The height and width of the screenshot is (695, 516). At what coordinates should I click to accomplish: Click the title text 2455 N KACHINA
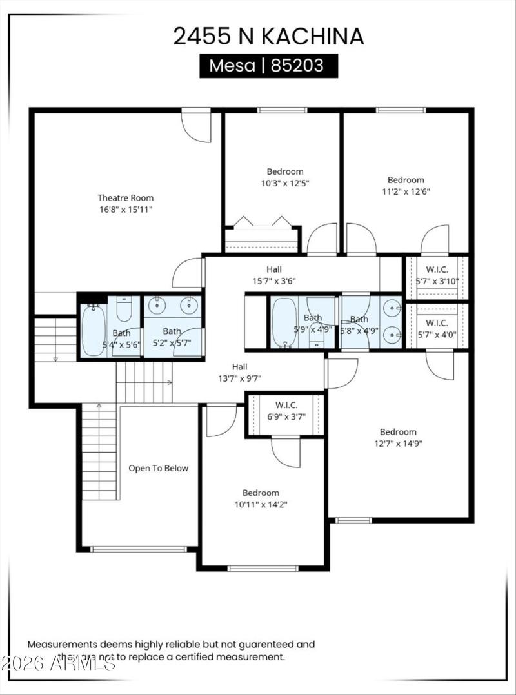tap(268, 36)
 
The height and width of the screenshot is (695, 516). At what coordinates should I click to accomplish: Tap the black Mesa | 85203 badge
tap(268, 66)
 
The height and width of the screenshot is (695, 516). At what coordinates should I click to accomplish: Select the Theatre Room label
tap(126, 198)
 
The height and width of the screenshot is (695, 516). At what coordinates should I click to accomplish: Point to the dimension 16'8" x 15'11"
tap(126, 210)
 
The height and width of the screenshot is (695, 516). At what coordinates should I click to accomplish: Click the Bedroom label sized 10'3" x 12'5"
tap(285, 171)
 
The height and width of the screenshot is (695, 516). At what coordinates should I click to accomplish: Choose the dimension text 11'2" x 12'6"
tap(406, 191)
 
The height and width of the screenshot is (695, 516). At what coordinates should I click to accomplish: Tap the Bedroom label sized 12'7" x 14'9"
tap(398, 432)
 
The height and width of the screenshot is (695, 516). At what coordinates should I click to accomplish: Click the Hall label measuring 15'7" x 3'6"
tap(274, 269)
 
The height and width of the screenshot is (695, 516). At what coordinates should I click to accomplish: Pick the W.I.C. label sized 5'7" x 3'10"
tap(437, 269)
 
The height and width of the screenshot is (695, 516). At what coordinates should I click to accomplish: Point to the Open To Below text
tap(158, 468)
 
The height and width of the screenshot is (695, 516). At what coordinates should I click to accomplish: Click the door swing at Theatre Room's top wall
tap(197, 127)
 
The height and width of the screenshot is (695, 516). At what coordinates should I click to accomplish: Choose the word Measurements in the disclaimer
tap(62, 644)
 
